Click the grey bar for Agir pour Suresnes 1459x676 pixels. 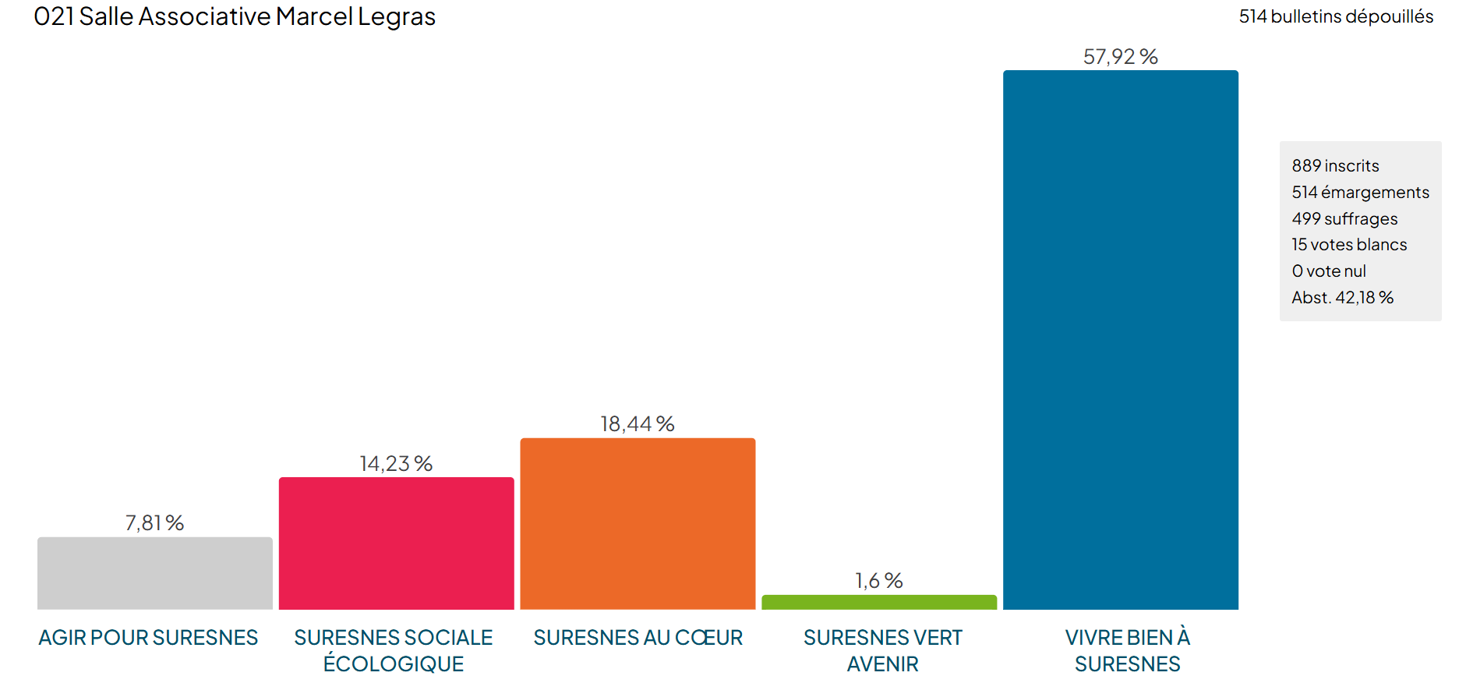pyautogui.click(x=154, y=573)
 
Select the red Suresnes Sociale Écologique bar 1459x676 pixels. pyautogui.click(x=396, y=543)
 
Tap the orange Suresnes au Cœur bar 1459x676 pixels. pyautogui.click(x=638, y=524)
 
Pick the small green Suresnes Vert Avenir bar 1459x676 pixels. pyautogui.click(x=878, y=602)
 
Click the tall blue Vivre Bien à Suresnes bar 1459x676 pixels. pyautogui.click(x=1120, y=340)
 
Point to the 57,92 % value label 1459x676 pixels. pyautogui.click(x=1120, y=57)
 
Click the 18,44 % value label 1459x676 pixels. pyautogui.click(x=637, y=424)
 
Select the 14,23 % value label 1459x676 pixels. pyautogui.click(x=396, y=464)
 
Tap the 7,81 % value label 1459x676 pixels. pyautogui.click(x=154, y=523)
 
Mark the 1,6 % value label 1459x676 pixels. pyautogui.click(x=878, y=581)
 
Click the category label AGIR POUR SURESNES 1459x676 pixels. pyautogui.click(x=148, y=638)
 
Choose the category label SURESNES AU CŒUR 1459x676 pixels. pyautogui.click(x=638, y=638)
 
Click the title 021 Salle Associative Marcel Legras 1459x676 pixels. pyautogui.click(x=235, y=16)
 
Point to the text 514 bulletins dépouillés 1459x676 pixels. pyautogui.click(x=1336, y=16)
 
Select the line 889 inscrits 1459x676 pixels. pyautogui.click(x=1335, y=166)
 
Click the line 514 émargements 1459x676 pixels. pyautogui.click(x=1360, y=193)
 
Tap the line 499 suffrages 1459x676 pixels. pyautogui.click(x=1344, y=219)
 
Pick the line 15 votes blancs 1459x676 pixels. pyautogui.click(x=1349, y=245)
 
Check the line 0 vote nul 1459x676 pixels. pyautogui.click(x=1329, y=271)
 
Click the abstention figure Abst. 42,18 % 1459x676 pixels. pyautogui.click(x=1342, y=298)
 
